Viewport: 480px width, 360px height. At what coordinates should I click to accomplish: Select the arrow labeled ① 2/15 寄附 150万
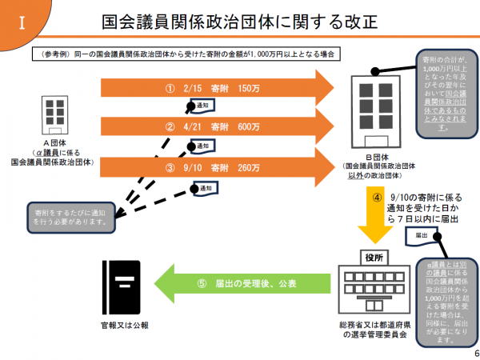216,88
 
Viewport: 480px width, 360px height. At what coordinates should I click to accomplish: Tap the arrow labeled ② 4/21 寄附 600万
216,126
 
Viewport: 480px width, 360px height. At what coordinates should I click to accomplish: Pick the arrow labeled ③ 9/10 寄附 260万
216,167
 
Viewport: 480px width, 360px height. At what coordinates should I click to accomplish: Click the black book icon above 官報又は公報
122,287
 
